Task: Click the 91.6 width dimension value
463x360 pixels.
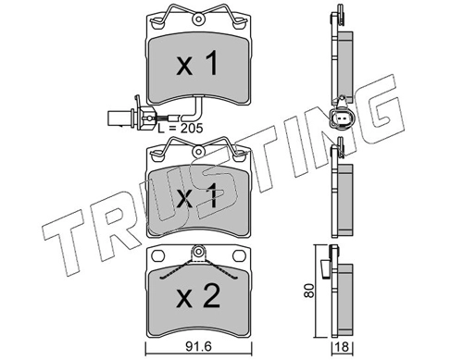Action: (x=198, y=347)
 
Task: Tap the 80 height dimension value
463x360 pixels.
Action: (x=308, y=290)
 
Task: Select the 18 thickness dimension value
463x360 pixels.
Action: (x=343, y=347)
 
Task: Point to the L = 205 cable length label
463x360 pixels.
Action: (x=181, y=129)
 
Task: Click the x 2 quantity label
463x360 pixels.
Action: (x=198, y=296)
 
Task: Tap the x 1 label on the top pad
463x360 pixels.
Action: (x=197, y=64)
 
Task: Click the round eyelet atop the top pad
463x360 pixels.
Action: (x=198, y=19)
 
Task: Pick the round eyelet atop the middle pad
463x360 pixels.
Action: (x=198, y=151)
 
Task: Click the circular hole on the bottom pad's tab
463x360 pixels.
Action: (x=198, y=251)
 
